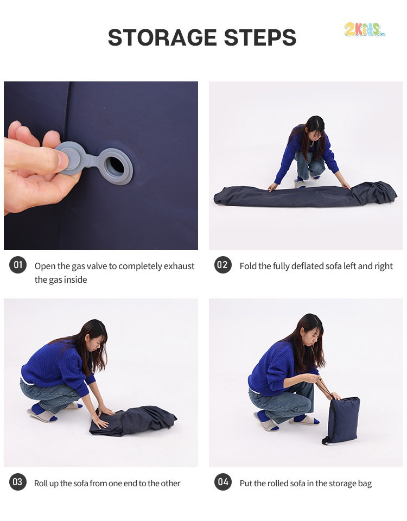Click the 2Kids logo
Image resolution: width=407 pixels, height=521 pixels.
365,29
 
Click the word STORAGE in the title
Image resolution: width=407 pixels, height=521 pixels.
162,37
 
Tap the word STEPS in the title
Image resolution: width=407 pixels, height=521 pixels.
260,37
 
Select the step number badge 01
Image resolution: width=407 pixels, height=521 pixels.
18,265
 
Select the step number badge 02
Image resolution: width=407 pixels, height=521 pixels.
222,265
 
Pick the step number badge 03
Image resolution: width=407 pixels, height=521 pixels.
17,482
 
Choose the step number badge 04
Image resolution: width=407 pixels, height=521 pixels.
223,482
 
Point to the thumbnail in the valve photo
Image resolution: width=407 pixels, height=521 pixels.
62,160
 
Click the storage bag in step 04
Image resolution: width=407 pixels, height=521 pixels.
341,420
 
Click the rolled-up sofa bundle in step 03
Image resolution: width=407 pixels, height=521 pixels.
133,421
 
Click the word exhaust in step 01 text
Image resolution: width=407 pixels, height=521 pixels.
179,266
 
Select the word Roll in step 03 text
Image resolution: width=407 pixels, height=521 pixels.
41,483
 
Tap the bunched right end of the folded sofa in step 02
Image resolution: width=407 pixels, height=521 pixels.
376,192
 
